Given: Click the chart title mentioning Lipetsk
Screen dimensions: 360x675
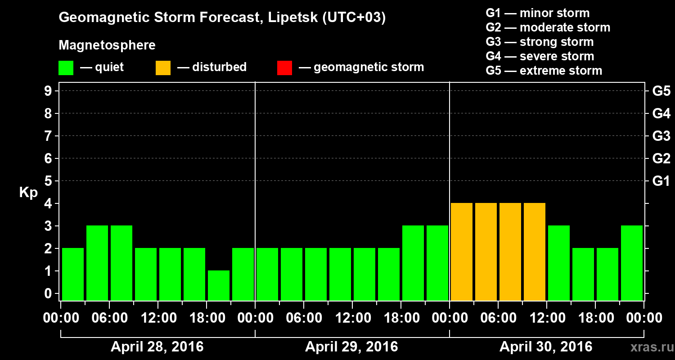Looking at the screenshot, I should [222, 18].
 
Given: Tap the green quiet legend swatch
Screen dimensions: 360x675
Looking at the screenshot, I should [66, 68].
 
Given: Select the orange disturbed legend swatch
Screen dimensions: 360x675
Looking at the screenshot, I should [163, 68].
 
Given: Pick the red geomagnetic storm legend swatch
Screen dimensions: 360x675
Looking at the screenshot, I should [284, 68].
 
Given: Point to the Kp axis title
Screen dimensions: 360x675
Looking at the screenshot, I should [28, 193].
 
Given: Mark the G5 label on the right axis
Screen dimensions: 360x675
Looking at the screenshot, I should [661, 91].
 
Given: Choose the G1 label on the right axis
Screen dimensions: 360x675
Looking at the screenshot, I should [661, 181].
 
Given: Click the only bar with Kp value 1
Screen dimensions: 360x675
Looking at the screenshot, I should [219, 285].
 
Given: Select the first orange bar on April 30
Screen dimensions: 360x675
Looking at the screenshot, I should [462, 252].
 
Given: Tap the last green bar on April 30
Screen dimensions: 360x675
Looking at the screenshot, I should [632, 263].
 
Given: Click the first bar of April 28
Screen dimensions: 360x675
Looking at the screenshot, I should [73, 274].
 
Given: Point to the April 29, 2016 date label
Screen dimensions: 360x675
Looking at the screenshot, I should [351, 347].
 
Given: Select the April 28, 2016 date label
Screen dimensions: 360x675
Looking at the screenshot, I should [157, 347].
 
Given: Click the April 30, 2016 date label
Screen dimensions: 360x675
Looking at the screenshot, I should [546, 347].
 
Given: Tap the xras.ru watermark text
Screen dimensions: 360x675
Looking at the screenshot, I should [648, 347].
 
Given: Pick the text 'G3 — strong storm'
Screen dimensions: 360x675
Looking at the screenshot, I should [540, 42].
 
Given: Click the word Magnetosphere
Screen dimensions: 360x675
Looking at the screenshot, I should [107, 45].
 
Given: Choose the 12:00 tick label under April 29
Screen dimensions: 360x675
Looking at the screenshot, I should [353, 318].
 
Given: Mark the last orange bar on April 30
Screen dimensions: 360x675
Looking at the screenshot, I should [535, 252].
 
